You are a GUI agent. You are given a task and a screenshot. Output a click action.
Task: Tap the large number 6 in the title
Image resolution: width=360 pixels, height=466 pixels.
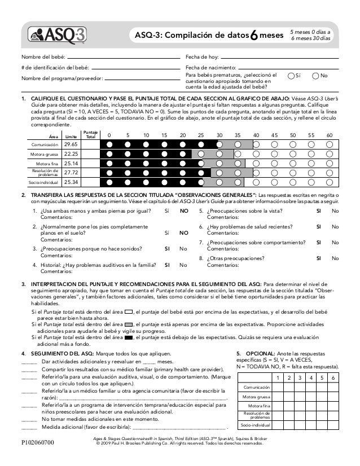(x=254, y=37)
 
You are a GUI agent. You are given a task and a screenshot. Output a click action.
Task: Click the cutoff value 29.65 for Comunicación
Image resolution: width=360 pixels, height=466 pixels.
(x=71, y=144)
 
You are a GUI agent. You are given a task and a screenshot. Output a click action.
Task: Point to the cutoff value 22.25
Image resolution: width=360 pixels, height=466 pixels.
(x=71, y=153)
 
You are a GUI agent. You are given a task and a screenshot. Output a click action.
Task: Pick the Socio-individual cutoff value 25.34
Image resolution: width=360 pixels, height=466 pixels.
(x=71, y=182)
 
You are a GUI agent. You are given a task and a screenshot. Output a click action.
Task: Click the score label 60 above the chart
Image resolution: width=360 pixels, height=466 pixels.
(x=329, y=135)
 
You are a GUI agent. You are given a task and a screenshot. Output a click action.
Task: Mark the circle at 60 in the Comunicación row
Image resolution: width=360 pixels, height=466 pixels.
(x=329, y=144)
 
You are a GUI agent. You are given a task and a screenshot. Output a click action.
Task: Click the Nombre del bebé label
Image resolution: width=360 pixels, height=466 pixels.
(x=43, y=58)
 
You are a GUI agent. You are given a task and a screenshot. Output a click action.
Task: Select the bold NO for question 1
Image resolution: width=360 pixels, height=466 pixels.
(x=183, y=212)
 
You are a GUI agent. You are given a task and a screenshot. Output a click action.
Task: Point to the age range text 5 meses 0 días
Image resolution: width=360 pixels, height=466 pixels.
(x=311, y=32)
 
